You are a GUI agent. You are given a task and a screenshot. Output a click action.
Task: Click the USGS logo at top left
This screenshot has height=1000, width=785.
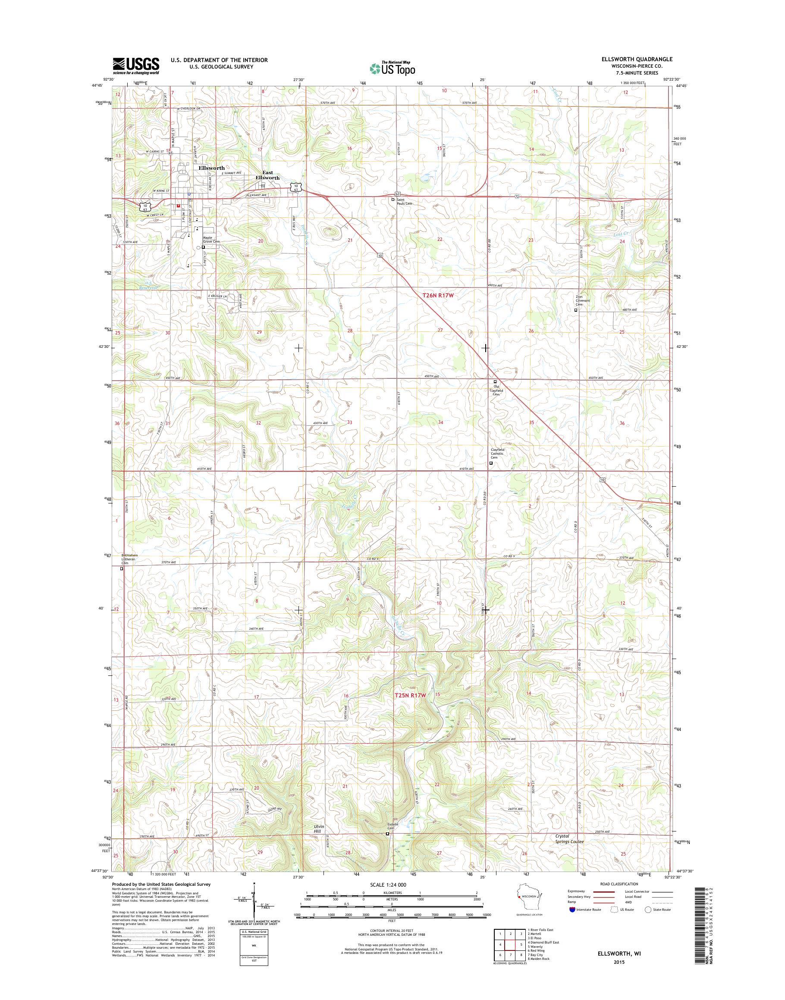click(136, 66)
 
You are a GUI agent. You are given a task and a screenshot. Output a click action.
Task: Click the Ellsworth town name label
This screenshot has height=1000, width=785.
click(211, 168)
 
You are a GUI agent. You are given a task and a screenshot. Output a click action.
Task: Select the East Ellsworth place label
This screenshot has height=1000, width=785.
click(267, 175)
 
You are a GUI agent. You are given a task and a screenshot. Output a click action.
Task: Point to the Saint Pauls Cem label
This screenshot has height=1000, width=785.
click(405, 202)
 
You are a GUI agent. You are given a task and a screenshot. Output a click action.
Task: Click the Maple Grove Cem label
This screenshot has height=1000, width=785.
click(212, 240)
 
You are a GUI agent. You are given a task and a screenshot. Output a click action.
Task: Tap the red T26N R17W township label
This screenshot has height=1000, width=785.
click(437, 296)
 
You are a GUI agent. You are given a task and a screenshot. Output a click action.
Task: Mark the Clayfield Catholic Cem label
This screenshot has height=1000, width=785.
click(497, 453)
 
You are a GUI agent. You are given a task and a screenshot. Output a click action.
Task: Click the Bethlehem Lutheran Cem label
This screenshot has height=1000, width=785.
click(129, 559)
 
